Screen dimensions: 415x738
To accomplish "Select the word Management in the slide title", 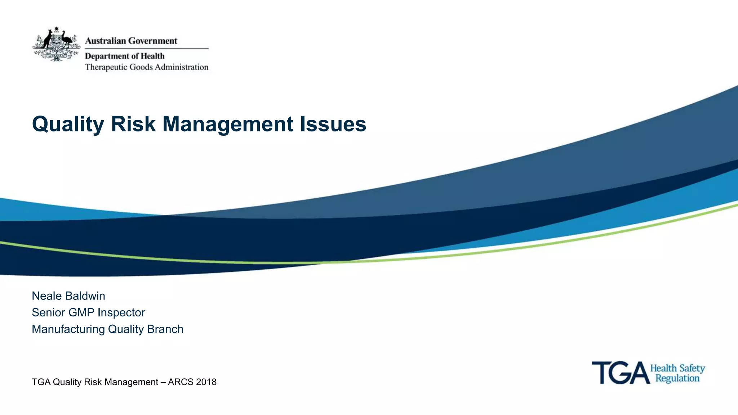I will click(228, 124).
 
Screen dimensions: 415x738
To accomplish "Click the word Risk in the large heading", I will click(133, 124).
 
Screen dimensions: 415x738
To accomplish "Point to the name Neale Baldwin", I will click(68, 296).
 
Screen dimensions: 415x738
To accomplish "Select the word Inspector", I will click(121, 312).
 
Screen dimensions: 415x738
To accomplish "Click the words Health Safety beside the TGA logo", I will click(677, 368).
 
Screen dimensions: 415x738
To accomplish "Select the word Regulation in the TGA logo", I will click(677, 378).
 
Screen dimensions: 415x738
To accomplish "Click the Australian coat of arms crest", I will click(57, 44).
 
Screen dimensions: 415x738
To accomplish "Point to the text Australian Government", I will click(131, 41).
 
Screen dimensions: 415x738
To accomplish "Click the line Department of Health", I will click(124, 56).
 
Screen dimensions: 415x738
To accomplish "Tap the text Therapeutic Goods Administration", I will click(146, 67).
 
